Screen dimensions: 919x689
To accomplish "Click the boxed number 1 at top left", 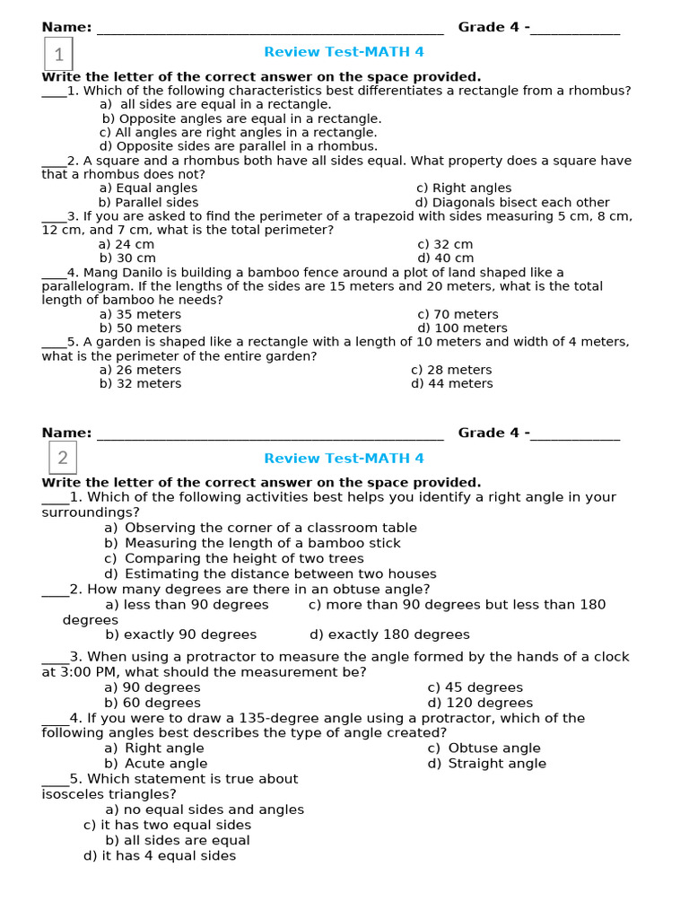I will point(58,55).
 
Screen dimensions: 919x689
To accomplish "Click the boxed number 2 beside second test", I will point(62,459).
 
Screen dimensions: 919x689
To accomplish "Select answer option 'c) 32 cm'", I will point(445,244).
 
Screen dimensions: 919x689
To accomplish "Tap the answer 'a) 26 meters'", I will point(140,370).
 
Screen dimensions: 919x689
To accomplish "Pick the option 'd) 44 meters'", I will point(452,383).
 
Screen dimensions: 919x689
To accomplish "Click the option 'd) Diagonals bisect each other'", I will point(512,203).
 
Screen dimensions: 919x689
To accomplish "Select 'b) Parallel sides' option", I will point(149,203).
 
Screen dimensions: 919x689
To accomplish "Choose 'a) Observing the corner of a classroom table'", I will point(260,528).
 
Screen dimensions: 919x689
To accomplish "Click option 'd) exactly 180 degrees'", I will point(389,635).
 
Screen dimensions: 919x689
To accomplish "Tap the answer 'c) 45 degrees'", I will point(475,687).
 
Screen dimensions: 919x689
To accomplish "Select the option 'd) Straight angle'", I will point(486,764).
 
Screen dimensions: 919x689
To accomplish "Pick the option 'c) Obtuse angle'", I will point(484,748).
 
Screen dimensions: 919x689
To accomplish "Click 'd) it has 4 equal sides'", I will point(160,856).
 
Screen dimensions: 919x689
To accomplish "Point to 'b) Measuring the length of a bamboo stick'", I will point(252,543).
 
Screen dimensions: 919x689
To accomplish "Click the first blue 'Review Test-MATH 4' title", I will point(344,52).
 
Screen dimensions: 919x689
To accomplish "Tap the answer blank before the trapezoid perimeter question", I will point(54,217).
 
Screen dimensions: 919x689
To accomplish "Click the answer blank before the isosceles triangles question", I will point(55,780).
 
